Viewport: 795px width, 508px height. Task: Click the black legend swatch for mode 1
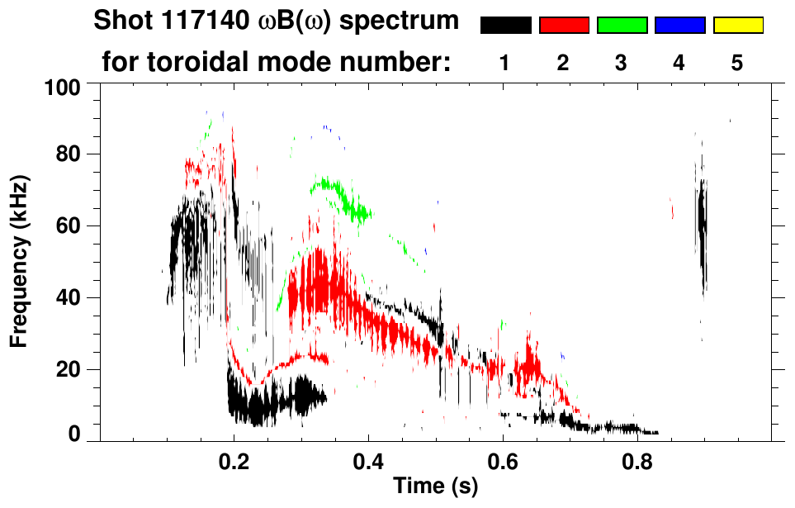coord(505,26)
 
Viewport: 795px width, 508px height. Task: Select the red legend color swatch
coord(564,26)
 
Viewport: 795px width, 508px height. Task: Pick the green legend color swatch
coord(622,26)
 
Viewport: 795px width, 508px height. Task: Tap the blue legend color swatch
coord(679,26)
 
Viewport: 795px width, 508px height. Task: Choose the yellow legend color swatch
coord(738,26)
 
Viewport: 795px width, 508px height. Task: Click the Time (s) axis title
coord(435,487)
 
